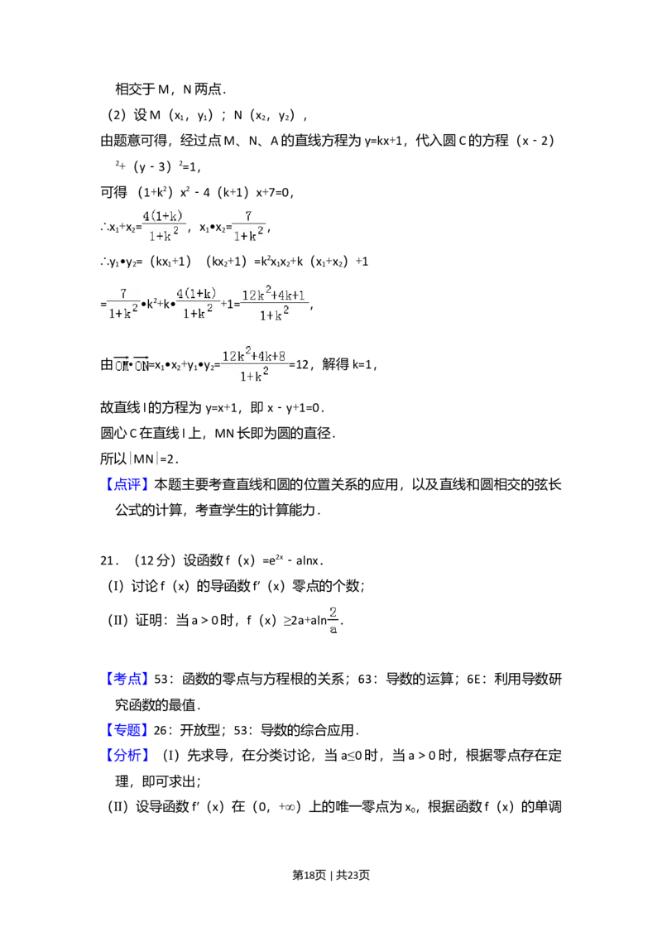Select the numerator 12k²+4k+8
[255, 356]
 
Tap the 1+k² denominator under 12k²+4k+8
[255, 374]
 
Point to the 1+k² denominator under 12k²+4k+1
[274, 315]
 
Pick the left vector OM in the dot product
[122, 364]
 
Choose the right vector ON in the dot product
[142, 364]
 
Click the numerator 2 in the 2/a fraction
[333, 613]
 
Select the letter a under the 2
[333, 629]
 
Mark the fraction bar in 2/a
[333, 621]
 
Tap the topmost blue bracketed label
[128, 486]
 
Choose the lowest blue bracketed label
[128, 754]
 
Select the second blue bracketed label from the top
[128, 679]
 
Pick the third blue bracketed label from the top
[128, 730]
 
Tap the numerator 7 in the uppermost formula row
[247, 217]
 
